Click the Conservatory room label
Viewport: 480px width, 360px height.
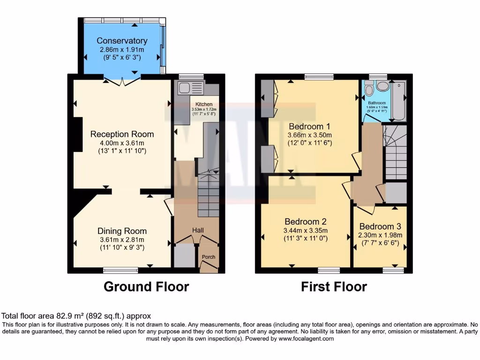[122, 41]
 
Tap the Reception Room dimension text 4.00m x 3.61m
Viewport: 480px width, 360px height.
[122, 142]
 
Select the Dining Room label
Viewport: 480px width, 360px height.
[122, 231]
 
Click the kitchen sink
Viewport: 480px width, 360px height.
[185, 87]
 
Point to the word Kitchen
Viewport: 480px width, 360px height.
[204, 104]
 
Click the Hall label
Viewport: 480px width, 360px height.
[198, 230]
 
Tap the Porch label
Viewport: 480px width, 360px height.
[208, 257]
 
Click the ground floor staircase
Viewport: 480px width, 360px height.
[207, 195]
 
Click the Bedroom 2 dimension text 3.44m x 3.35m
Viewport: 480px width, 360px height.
[306, 230]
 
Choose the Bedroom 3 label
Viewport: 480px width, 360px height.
[381, 226]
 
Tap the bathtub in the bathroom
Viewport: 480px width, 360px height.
[399, 99]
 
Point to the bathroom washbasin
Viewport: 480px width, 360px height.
[383, 86]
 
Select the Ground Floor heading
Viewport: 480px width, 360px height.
[146, 286]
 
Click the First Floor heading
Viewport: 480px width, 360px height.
[334, 286]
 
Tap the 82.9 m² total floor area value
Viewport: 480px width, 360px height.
[60, 316]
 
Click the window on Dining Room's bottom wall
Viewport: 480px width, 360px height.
[120, 270]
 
